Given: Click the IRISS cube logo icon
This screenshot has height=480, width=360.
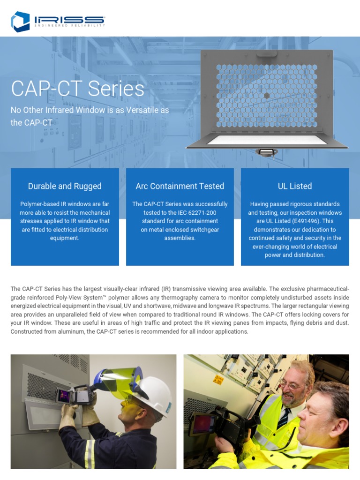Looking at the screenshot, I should click(x=21, y=22).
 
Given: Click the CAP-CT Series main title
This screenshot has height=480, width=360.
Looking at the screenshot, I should click(x=77, y=89).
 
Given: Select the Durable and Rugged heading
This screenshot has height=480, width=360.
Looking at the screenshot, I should click(x=65, y=186).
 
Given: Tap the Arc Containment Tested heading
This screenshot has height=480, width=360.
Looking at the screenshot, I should click(x=180, y=186).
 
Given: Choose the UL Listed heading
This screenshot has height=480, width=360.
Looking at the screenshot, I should click(x=295, y=186).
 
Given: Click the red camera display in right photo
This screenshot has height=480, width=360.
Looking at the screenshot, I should click(x=199, y=425).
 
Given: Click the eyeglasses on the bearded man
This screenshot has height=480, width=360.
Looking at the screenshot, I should click(x=292, y=385).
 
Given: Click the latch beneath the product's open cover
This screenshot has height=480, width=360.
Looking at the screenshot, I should click(x=266, y=153).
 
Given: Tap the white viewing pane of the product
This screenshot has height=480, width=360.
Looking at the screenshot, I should click(x=266, y=140).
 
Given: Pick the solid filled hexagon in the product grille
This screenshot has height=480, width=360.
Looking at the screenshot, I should click(x=266, y=95).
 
